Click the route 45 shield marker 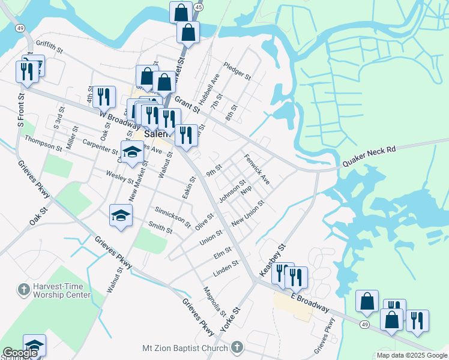click(x=199, y=6)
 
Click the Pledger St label click(x=237, y=71)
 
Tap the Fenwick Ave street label click(x=257, y=169)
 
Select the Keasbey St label click(x=273, y=259)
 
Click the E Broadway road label click(x=310, y=302)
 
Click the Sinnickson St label click(x=173, y=218)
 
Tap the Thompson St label click(x=43, y=143)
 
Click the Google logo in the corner click(x=20, y=353)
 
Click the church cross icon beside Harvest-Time click(x=24, y=290)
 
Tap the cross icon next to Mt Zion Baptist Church click(x=237, y=347)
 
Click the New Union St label click(x=247, y=214)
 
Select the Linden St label click(x=226, y=269)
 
